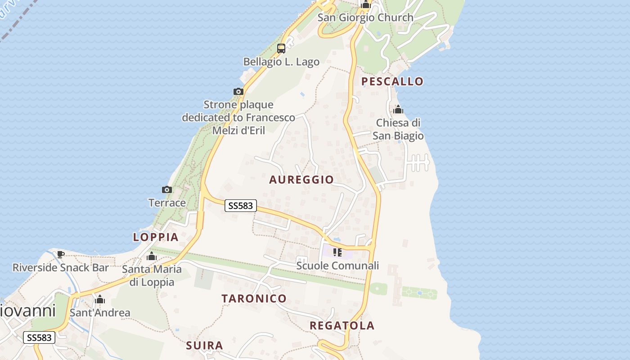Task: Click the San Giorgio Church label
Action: point(365,18)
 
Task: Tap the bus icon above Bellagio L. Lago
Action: point(281,49)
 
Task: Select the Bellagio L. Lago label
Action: point(281,62)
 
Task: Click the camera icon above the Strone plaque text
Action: point(238,92)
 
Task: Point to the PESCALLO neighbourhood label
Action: point(393,81)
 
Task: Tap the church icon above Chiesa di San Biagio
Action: point(398,109)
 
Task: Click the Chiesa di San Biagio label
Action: point(399,129)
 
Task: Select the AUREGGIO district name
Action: point(301,180)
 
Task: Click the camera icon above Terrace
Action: point(167,189)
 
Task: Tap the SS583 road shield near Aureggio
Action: point(240,206)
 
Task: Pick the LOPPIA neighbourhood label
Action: point(156,237)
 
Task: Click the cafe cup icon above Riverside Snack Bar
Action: point(61,254)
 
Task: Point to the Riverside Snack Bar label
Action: point(60,267)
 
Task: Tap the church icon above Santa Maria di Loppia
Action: point(152,256)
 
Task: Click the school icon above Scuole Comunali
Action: point(337,252)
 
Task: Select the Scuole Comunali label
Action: point(337,265)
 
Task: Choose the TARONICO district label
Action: point(254,298)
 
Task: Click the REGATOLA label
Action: point(342,326)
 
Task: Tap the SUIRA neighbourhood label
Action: point(204,346)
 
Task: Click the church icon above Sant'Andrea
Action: point(100,299)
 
